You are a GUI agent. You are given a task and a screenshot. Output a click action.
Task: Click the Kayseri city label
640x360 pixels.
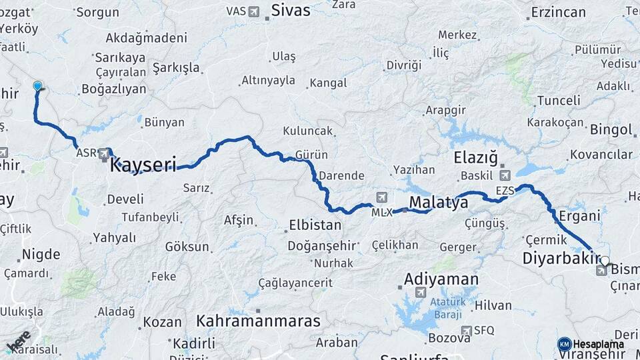coord(143,165)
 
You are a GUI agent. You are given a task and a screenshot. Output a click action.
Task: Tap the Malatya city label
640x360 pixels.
coord(439,203)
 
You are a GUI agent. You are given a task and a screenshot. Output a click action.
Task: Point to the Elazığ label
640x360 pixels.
coord(475,158)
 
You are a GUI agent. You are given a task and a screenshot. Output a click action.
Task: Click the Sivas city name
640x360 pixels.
coord(291,10)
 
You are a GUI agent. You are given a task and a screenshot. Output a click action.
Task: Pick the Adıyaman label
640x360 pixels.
coord(441,279)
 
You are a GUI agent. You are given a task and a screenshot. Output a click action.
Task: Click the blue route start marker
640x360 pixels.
coord(38,85)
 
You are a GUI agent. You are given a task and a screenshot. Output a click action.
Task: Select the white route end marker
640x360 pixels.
coord(605,261)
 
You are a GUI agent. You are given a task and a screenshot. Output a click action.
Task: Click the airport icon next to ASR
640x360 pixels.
coord(104,154)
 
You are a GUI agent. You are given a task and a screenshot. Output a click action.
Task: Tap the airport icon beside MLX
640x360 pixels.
coord(381,197)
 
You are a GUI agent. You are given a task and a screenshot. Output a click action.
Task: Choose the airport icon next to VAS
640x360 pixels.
coord(254,11)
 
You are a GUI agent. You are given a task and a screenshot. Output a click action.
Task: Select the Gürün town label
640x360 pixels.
coord(311,155)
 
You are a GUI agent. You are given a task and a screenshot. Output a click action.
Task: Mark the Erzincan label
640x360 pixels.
coord(559,12)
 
